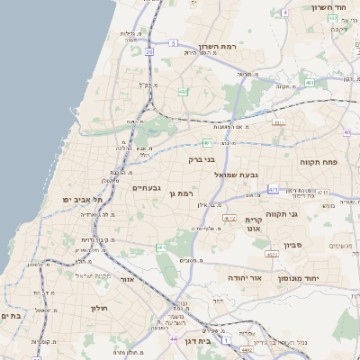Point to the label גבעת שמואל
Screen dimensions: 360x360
[237, 174]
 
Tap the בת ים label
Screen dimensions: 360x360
[12, 316]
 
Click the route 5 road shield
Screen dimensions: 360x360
[173, 42]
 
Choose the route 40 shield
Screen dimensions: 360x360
[346, 132]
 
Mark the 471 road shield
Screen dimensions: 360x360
[273, 189]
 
